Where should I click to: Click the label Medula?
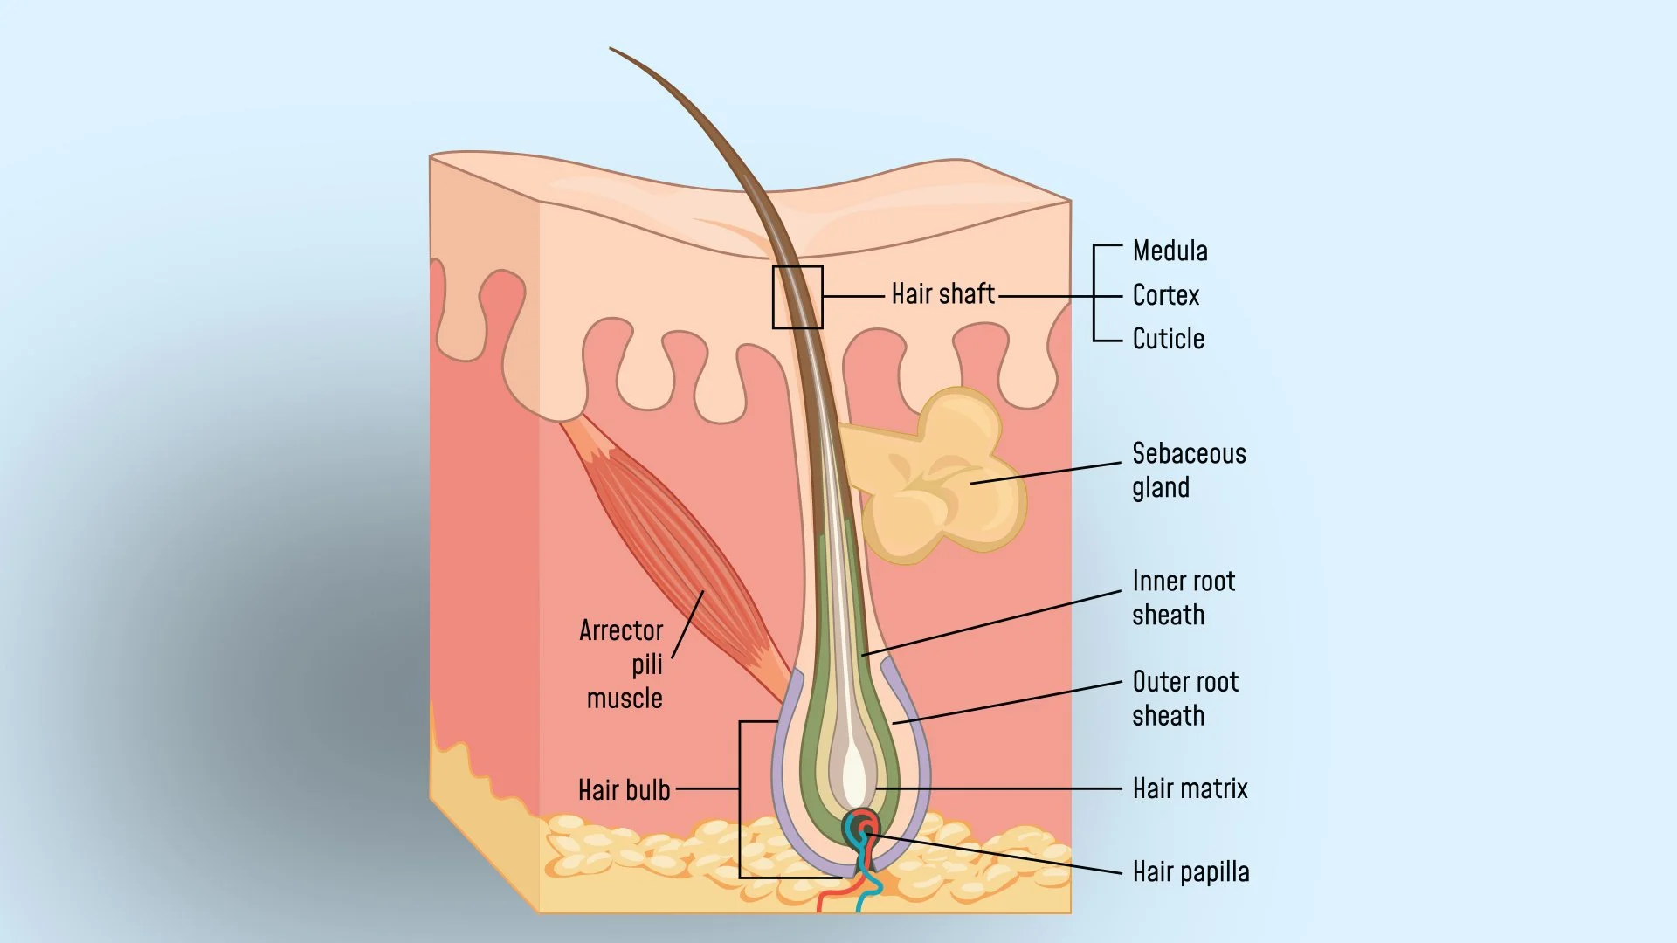[x=1170, y=251]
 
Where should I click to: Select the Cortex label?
[x=1165, y=295]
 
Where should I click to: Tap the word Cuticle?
[x=1168, y=339]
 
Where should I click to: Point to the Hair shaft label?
[x=942, y=294]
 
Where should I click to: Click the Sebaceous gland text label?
[x=1188, y=470]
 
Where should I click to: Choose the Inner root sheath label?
[x=1183, y=598]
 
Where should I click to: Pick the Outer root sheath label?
[x=1184, y=699]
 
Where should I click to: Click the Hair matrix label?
[x=1190, y=788]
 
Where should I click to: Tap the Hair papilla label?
[x=1190, y=871]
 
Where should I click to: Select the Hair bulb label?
[x=624, y=790]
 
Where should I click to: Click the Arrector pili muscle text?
[x=622, y=664]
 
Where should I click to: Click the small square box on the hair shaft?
[x=797, y=297]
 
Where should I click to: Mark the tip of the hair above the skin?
[x=611, y=49]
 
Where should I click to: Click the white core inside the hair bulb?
[x=854, y=773]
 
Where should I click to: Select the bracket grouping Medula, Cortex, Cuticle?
[x=1095, y=295]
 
